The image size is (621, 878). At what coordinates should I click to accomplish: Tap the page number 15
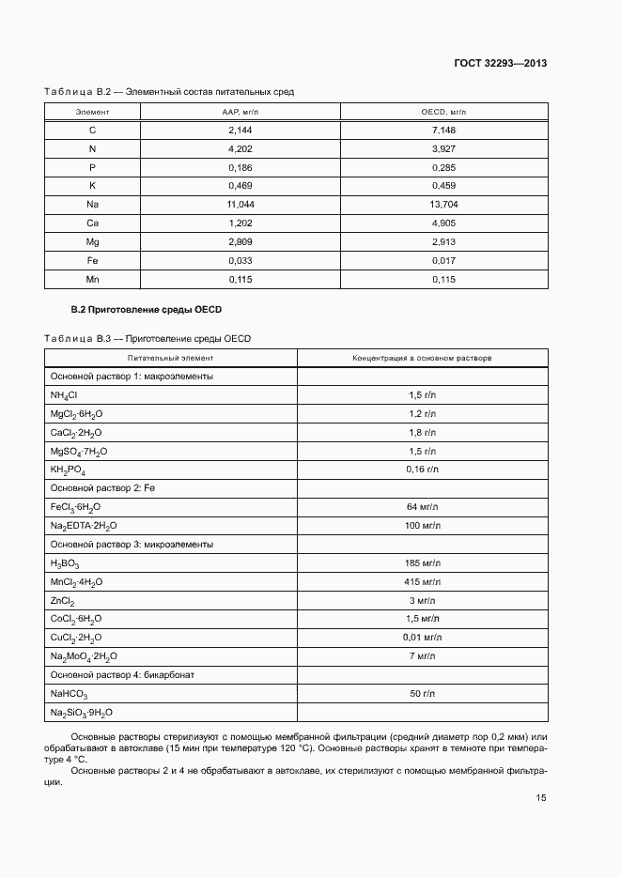541,798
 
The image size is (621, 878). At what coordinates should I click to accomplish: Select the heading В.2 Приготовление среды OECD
147,310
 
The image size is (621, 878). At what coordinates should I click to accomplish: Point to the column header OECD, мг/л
442,112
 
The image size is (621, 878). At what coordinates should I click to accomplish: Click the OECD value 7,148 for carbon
442,131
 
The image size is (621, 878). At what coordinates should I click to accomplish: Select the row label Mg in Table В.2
92,241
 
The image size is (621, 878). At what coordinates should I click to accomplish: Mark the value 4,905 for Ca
442,223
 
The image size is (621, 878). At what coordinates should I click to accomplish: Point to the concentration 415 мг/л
422,582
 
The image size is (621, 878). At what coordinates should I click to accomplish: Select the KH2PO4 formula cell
68,470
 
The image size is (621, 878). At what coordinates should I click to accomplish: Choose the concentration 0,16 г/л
422,470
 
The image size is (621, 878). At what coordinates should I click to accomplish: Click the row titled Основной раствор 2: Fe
100,488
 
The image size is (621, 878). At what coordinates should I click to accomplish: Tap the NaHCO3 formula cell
69,694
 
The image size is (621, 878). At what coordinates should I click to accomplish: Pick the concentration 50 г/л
422,694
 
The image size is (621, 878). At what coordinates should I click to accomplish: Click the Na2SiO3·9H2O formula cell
81,713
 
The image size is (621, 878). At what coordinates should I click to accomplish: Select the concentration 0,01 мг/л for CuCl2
422,638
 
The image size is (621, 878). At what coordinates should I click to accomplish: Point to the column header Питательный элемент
171,358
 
